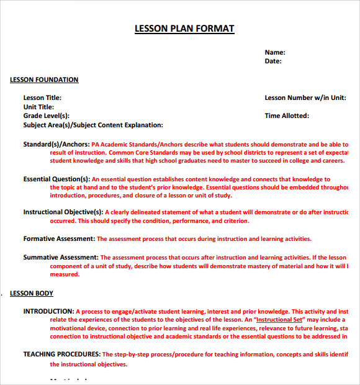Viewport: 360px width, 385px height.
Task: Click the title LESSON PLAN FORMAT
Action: click(x=184, y=29)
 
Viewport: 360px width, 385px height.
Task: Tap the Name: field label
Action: click(x=275, y=53)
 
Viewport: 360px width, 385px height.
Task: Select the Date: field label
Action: click(x=273, y=61)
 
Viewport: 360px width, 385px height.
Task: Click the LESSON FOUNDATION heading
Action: click(x=44, y=80)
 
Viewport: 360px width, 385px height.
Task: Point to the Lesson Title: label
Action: click(x=42, y=98)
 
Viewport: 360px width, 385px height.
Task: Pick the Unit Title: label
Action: click(x=38, y=107)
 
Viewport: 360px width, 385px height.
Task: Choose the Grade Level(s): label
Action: click(x=47, y=115)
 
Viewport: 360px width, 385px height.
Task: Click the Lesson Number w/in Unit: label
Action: click(x=305, y=98)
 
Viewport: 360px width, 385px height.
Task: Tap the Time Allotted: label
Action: click(x=287, y=115)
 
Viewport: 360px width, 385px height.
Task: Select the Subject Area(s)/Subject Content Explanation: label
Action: click(x=93, y=125)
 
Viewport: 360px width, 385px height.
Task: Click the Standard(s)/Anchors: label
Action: click(x=56, y=144)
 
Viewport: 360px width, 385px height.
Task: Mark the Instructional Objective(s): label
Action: click(x=63, y=212)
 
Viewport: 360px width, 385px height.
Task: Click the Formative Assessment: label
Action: click(x=59, y=239)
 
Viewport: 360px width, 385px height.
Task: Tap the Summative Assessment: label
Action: click(x=61, y=258)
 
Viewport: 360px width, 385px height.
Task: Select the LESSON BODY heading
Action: click(x=32, y=294)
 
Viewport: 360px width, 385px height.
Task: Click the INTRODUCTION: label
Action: click(x=48, y=312)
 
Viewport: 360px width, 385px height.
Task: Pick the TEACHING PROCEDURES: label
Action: click(x=62, y=355)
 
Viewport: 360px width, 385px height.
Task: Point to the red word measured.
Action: click(x=65, y=274)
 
